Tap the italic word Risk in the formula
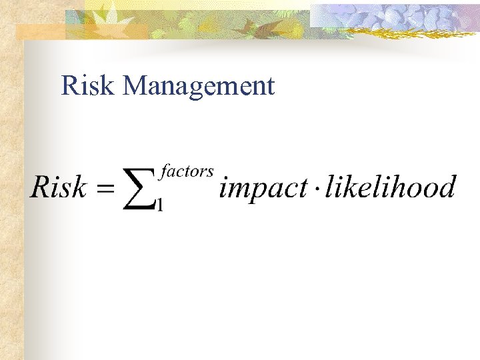pos(59,187)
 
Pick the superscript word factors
pos(187,172)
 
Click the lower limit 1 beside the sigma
pos(159,205)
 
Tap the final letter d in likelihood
pos(445,187)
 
